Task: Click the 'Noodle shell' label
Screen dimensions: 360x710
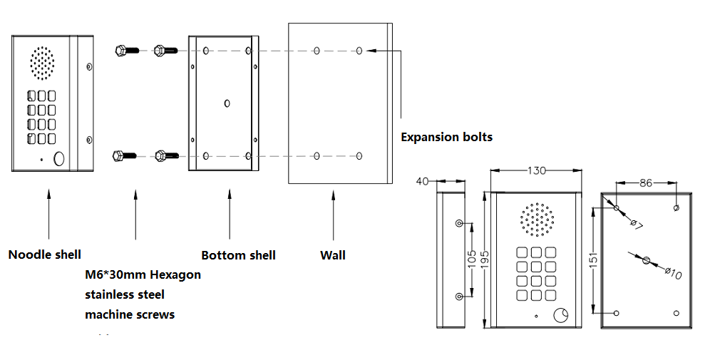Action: coord(44,254)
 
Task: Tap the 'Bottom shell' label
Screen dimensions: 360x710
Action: coord(238,255)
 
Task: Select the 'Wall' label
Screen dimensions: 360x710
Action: coord(332,254)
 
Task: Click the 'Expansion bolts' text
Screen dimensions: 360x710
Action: coord(446,137)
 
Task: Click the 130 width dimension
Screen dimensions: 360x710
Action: coord(536,171)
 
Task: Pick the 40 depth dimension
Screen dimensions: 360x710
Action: coord(423,182)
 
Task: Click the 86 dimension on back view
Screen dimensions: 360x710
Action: coord(646,183)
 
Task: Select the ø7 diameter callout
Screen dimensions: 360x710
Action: coord(635,224)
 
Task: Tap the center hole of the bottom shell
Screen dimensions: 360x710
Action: coord(227,103)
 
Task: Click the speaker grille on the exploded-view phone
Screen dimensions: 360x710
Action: coord(42,63)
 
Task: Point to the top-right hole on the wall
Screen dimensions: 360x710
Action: coord(359,51)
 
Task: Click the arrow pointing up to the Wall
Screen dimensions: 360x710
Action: coord(333,214)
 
